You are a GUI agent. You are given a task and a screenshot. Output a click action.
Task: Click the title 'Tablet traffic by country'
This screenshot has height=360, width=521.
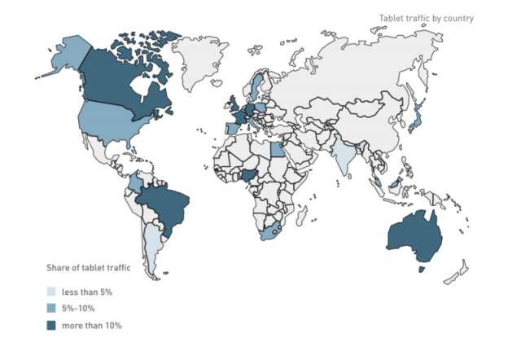(x=426, y=18)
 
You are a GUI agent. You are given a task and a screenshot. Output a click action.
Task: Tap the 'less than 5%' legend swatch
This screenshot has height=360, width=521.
(x=51, y=292)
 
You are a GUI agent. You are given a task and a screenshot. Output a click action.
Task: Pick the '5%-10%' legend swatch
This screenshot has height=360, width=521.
(x=51, y=309)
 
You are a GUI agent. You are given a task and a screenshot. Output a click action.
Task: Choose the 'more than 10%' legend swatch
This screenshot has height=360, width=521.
(x=51, y=326)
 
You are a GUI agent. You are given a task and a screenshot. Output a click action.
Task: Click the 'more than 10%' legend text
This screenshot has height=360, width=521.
(x=92, y=326)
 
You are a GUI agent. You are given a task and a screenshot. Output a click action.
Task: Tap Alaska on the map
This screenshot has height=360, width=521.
(x=65, y=55)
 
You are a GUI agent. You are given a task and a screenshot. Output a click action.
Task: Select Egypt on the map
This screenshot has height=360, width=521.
(x=278, y=148)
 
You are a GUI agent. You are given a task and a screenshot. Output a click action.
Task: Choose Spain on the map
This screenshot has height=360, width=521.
(x=231, y=127)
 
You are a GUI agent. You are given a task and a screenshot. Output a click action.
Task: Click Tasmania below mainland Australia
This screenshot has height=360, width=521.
(x=422, y=268)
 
